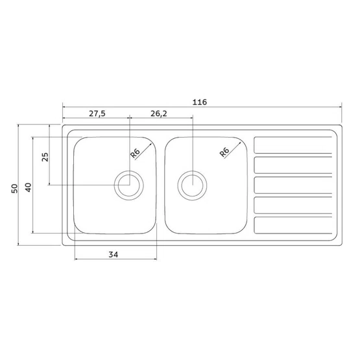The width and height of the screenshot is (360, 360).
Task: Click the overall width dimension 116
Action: pos(200,102)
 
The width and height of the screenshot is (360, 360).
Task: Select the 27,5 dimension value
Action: pos(97,114)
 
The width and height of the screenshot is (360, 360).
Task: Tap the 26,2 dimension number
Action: pos(159,114)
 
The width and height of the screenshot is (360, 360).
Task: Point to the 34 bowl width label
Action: pos(114,254)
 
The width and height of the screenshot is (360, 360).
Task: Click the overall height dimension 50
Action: pos(14,189)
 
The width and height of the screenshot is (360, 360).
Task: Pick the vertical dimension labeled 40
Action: pos(28,187)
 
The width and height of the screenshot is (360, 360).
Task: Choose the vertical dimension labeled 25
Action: pos(45,157)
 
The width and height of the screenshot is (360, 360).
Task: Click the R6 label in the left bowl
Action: pos(135,153)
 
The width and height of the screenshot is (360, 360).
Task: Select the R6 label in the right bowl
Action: pos(224,152)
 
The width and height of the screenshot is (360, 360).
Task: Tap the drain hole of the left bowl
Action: pos(129,186)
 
